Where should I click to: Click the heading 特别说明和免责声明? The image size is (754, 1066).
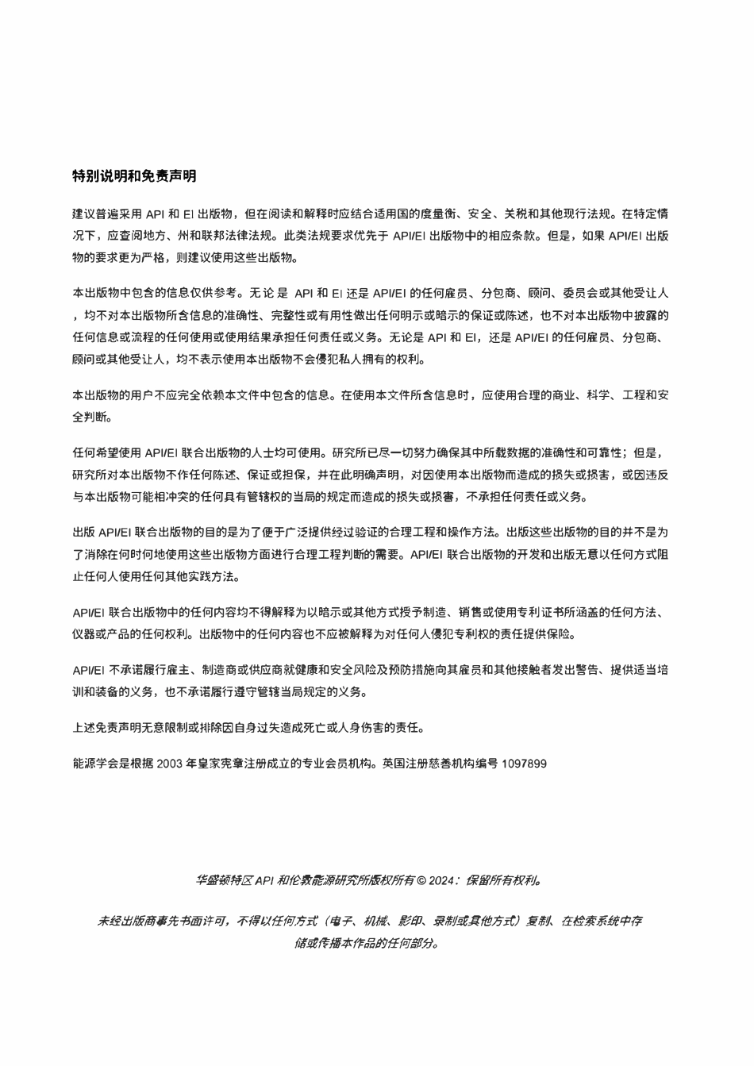pyautogui.click(x=133, y=175)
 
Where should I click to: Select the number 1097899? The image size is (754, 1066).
pyautogui.click(x=525, y=764)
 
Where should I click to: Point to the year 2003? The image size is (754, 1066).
pyautogui.click(x=171, y=764)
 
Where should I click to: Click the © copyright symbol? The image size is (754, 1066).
pyautogui.click(x=422, y=880)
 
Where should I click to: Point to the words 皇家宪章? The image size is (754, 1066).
pyautogui.click(x=229, y=764)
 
